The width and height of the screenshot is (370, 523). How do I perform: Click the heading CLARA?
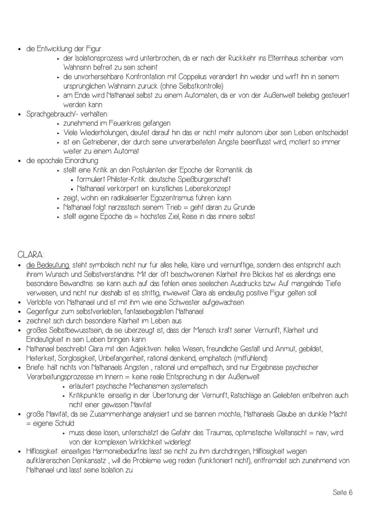point(31,255)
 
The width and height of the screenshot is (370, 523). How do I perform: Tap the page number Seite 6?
point(342,492)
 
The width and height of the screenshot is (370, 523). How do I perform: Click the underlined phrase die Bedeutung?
point(48,265)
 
